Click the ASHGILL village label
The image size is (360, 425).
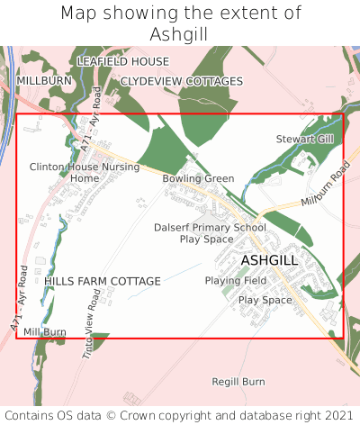pos(269,260)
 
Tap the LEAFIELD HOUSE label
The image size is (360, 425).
pos(122,61)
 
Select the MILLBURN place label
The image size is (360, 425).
pos(44,81)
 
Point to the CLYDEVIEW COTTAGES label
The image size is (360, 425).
pos(182,81)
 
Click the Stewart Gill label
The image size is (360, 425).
pos(304,140)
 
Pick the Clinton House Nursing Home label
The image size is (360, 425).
pos(85,172)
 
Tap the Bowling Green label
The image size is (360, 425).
pos(198,178)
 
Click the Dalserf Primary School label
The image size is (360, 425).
pos(210,228)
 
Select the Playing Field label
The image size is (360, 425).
pos(235,281)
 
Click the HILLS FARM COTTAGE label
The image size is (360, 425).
pos(103,281)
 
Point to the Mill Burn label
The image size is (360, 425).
pos(45,332)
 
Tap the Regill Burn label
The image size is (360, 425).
pos(238,382)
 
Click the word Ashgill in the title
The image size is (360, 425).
pos(180,33)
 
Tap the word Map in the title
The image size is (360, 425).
pos(80,13)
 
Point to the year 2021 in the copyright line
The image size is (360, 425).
pos(338,415)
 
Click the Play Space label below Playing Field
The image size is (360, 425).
pos(265,300)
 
